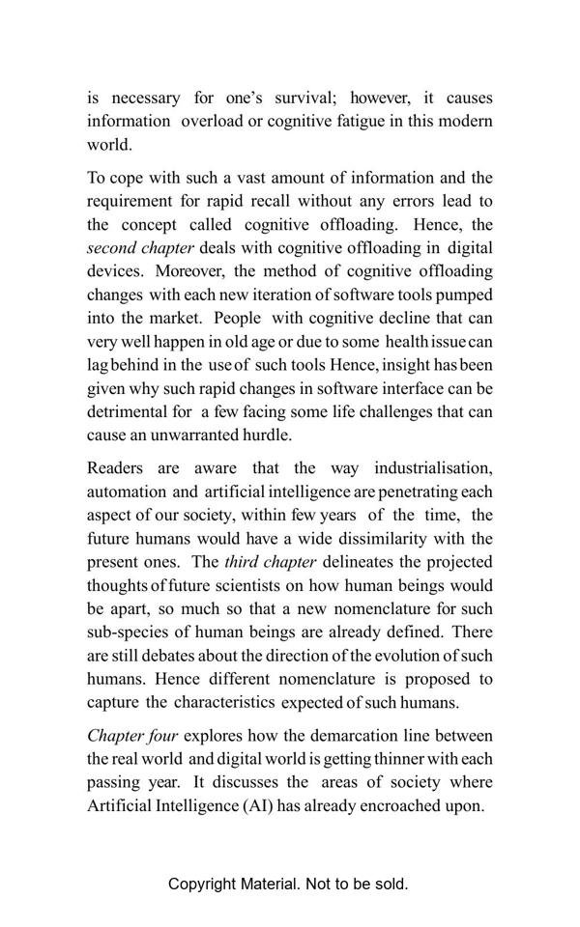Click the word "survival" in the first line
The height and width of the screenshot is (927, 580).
(x=299, y=98)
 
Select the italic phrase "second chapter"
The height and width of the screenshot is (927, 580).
(x=140, y=248)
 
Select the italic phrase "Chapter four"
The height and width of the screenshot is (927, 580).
(x=132, y=736)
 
